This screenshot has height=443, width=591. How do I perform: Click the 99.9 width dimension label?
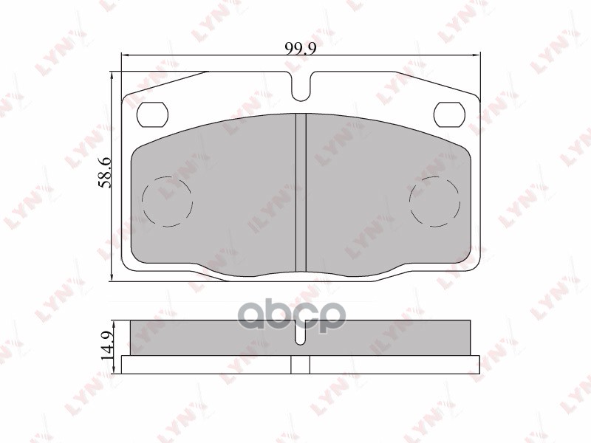pos(296,48)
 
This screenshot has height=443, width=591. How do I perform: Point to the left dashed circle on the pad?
pos(166,202)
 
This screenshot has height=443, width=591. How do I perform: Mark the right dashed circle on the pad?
pos(435,202)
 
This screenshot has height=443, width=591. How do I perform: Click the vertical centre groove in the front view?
pos(301,192)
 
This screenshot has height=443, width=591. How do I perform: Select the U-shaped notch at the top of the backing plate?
pos(301,87)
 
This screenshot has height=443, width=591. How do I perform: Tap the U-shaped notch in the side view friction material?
pos(301,337)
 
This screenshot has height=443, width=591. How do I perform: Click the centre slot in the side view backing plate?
pos(301,364)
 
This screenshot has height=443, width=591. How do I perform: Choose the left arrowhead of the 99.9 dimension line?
pos(124,55)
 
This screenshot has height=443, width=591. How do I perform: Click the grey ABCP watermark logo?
pos(295,317)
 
